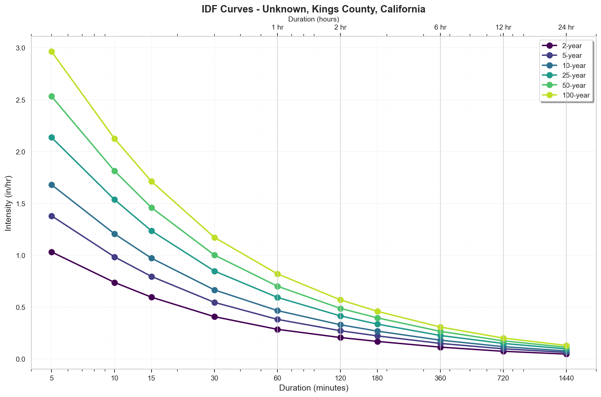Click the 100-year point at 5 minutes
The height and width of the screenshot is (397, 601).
pyautogui.click(x=52, y=51)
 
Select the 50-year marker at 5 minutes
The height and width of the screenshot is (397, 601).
pyautogui.click(x=52, y=97)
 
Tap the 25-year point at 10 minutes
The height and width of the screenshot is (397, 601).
pyautogui.click(x=114, y=200)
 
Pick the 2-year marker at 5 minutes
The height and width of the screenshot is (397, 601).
pyautogui.click(x=52, y=252)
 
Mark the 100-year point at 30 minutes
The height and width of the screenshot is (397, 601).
pyautogui.click(x=214, y=238)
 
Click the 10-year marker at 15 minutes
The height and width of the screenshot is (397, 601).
pyautogui.click(x=152, y=258)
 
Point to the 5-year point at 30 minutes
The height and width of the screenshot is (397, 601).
pyautogui.click(x=214, y=302)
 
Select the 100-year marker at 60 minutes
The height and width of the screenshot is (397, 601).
pyautogui.click(x=277, y=274)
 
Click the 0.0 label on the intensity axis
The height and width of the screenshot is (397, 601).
pyautogui.click(x=21, y=359)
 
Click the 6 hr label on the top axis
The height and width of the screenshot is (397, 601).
pyautogui.click(x=440, y=27)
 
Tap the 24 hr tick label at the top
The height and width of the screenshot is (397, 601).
pyautogui.click(x=566, y=27)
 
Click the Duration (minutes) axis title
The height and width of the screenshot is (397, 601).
pyautogui.click(x=313, y=388)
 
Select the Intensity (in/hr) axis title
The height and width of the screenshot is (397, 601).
pyautogui.click(x=9, y=203)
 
